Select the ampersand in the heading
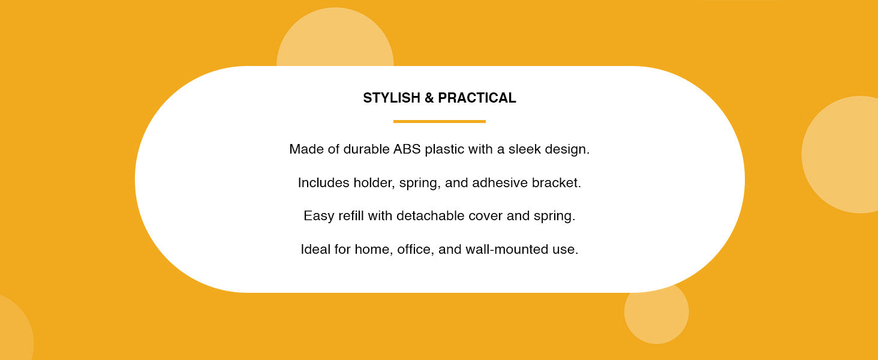(429, 98)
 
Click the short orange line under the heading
(439, 121)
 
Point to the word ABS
(407, 149)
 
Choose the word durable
(366, 149)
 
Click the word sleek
(525, 149)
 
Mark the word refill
(351, 216)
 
